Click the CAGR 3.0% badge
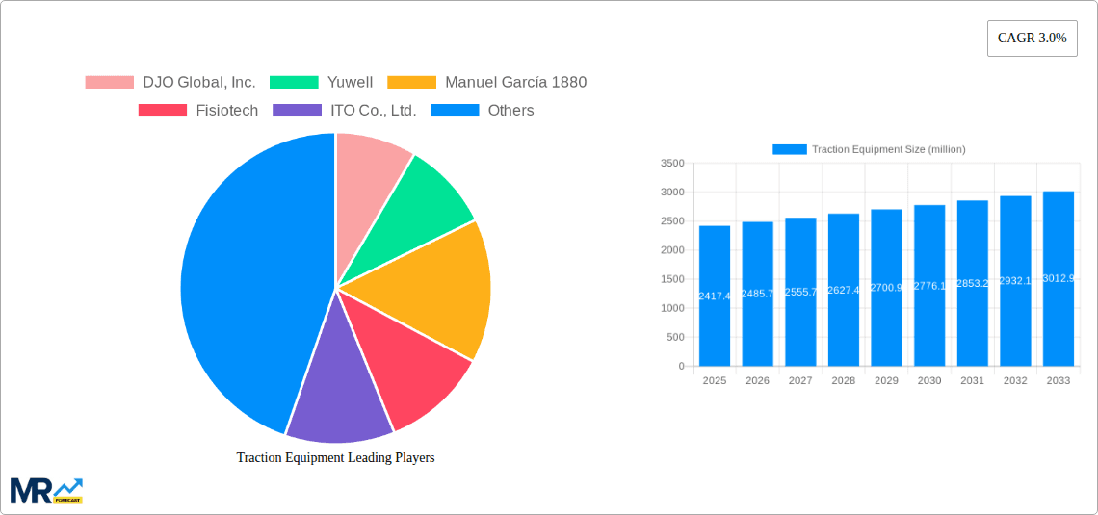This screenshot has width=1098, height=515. tap(1032, 39)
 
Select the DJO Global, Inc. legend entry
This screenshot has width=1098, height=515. tap(170, 83)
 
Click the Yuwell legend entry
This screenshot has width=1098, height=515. tap(322, 83)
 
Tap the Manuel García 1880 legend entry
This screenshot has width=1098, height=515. tap(487, 83)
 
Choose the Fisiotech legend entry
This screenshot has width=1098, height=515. tap(198, 111)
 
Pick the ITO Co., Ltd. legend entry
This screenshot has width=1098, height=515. tap(345, 111)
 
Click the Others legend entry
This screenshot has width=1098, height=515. tap(482, 111)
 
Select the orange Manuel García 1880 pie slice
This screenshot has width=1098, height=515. tap(433, 289)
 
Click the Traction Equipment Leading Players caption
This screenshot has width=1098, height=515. tap(335, 458)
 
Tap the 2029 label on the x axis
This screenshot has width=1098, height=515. tap(886, 381)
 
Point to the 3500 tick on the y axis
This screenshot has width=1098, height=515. tap(672, 164)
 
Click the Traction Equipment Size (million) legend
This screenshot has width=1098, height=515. tap(869, 149)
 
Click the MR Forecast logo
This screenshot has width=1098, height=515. tap(46, 491)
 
